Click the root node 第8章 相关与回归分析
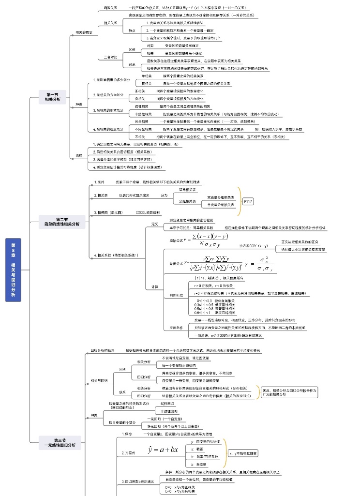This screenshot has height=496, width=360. pos(14,270)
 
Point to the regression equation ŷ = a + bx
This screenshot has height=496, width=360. pos(163,450)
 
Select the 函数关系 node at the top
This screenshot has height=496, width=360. pos(111,8)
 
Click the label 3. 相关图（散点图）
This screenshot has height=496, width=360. pos(108,212)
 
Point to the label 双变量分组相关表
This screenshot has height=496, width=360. pos(220,197)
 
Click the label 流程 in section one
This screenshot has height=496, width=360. pos(79,155)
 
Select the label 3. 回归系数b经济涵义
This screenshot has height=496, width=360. pos(138,481)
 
